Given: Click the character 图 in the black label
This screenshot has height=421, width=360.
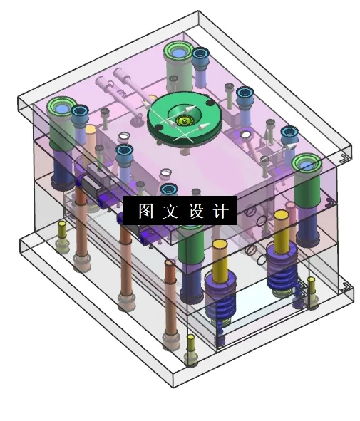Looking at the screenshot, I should [145, 211].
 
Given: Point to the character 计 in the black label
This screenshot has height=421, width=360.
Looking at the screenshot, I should [221, 211].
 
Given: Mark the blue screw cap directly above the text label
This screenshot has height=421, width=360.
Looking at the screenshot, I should [169, 189].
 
